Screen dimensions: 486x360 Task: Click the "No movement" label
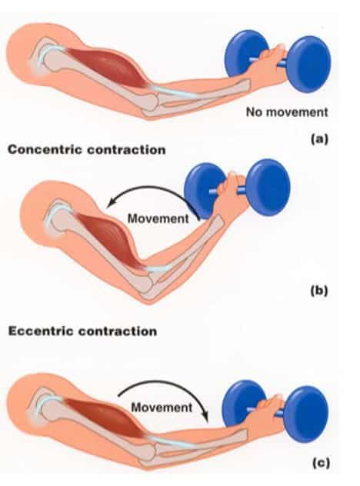287,112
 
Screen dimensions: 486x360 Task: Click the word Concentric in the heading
45,150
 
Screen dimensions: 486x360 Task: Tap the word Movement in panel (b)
157,218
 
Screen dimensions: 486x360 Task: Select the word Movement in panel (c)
161,406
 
